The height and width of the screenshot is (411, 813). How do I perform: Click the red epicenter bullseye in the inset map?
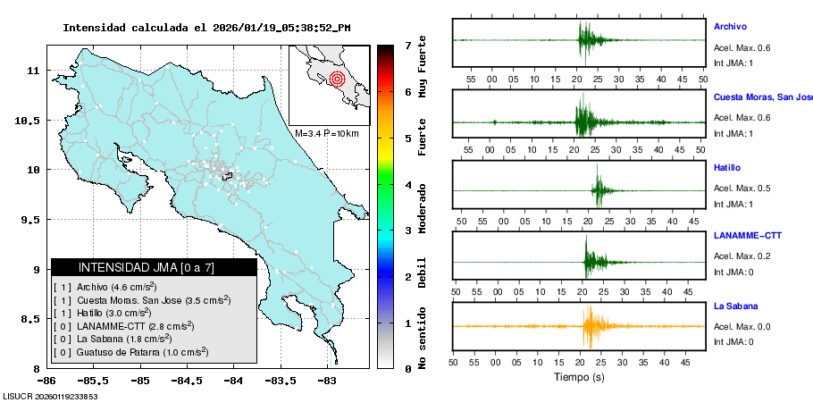(337, 79)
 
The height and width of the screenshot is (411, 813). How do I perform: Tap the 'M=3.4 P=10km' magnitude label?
(326, 133)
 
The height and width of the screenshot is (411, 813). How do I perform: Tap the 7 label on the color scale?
(407, 45)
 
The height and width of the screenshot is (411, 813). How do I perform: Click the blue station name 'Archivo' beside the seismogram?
(730, 27)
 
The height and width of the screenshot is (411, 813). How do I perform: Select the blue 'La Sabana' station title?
(738, 306)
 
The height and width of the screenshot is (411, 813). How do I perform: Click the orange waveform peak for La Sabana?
(589, 326)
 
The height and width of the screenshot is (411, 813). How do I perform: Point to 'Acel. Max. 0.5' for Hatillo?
(742, 189)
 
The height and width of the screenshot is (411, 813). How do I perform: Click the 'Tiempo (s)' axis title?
(579, 378)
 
